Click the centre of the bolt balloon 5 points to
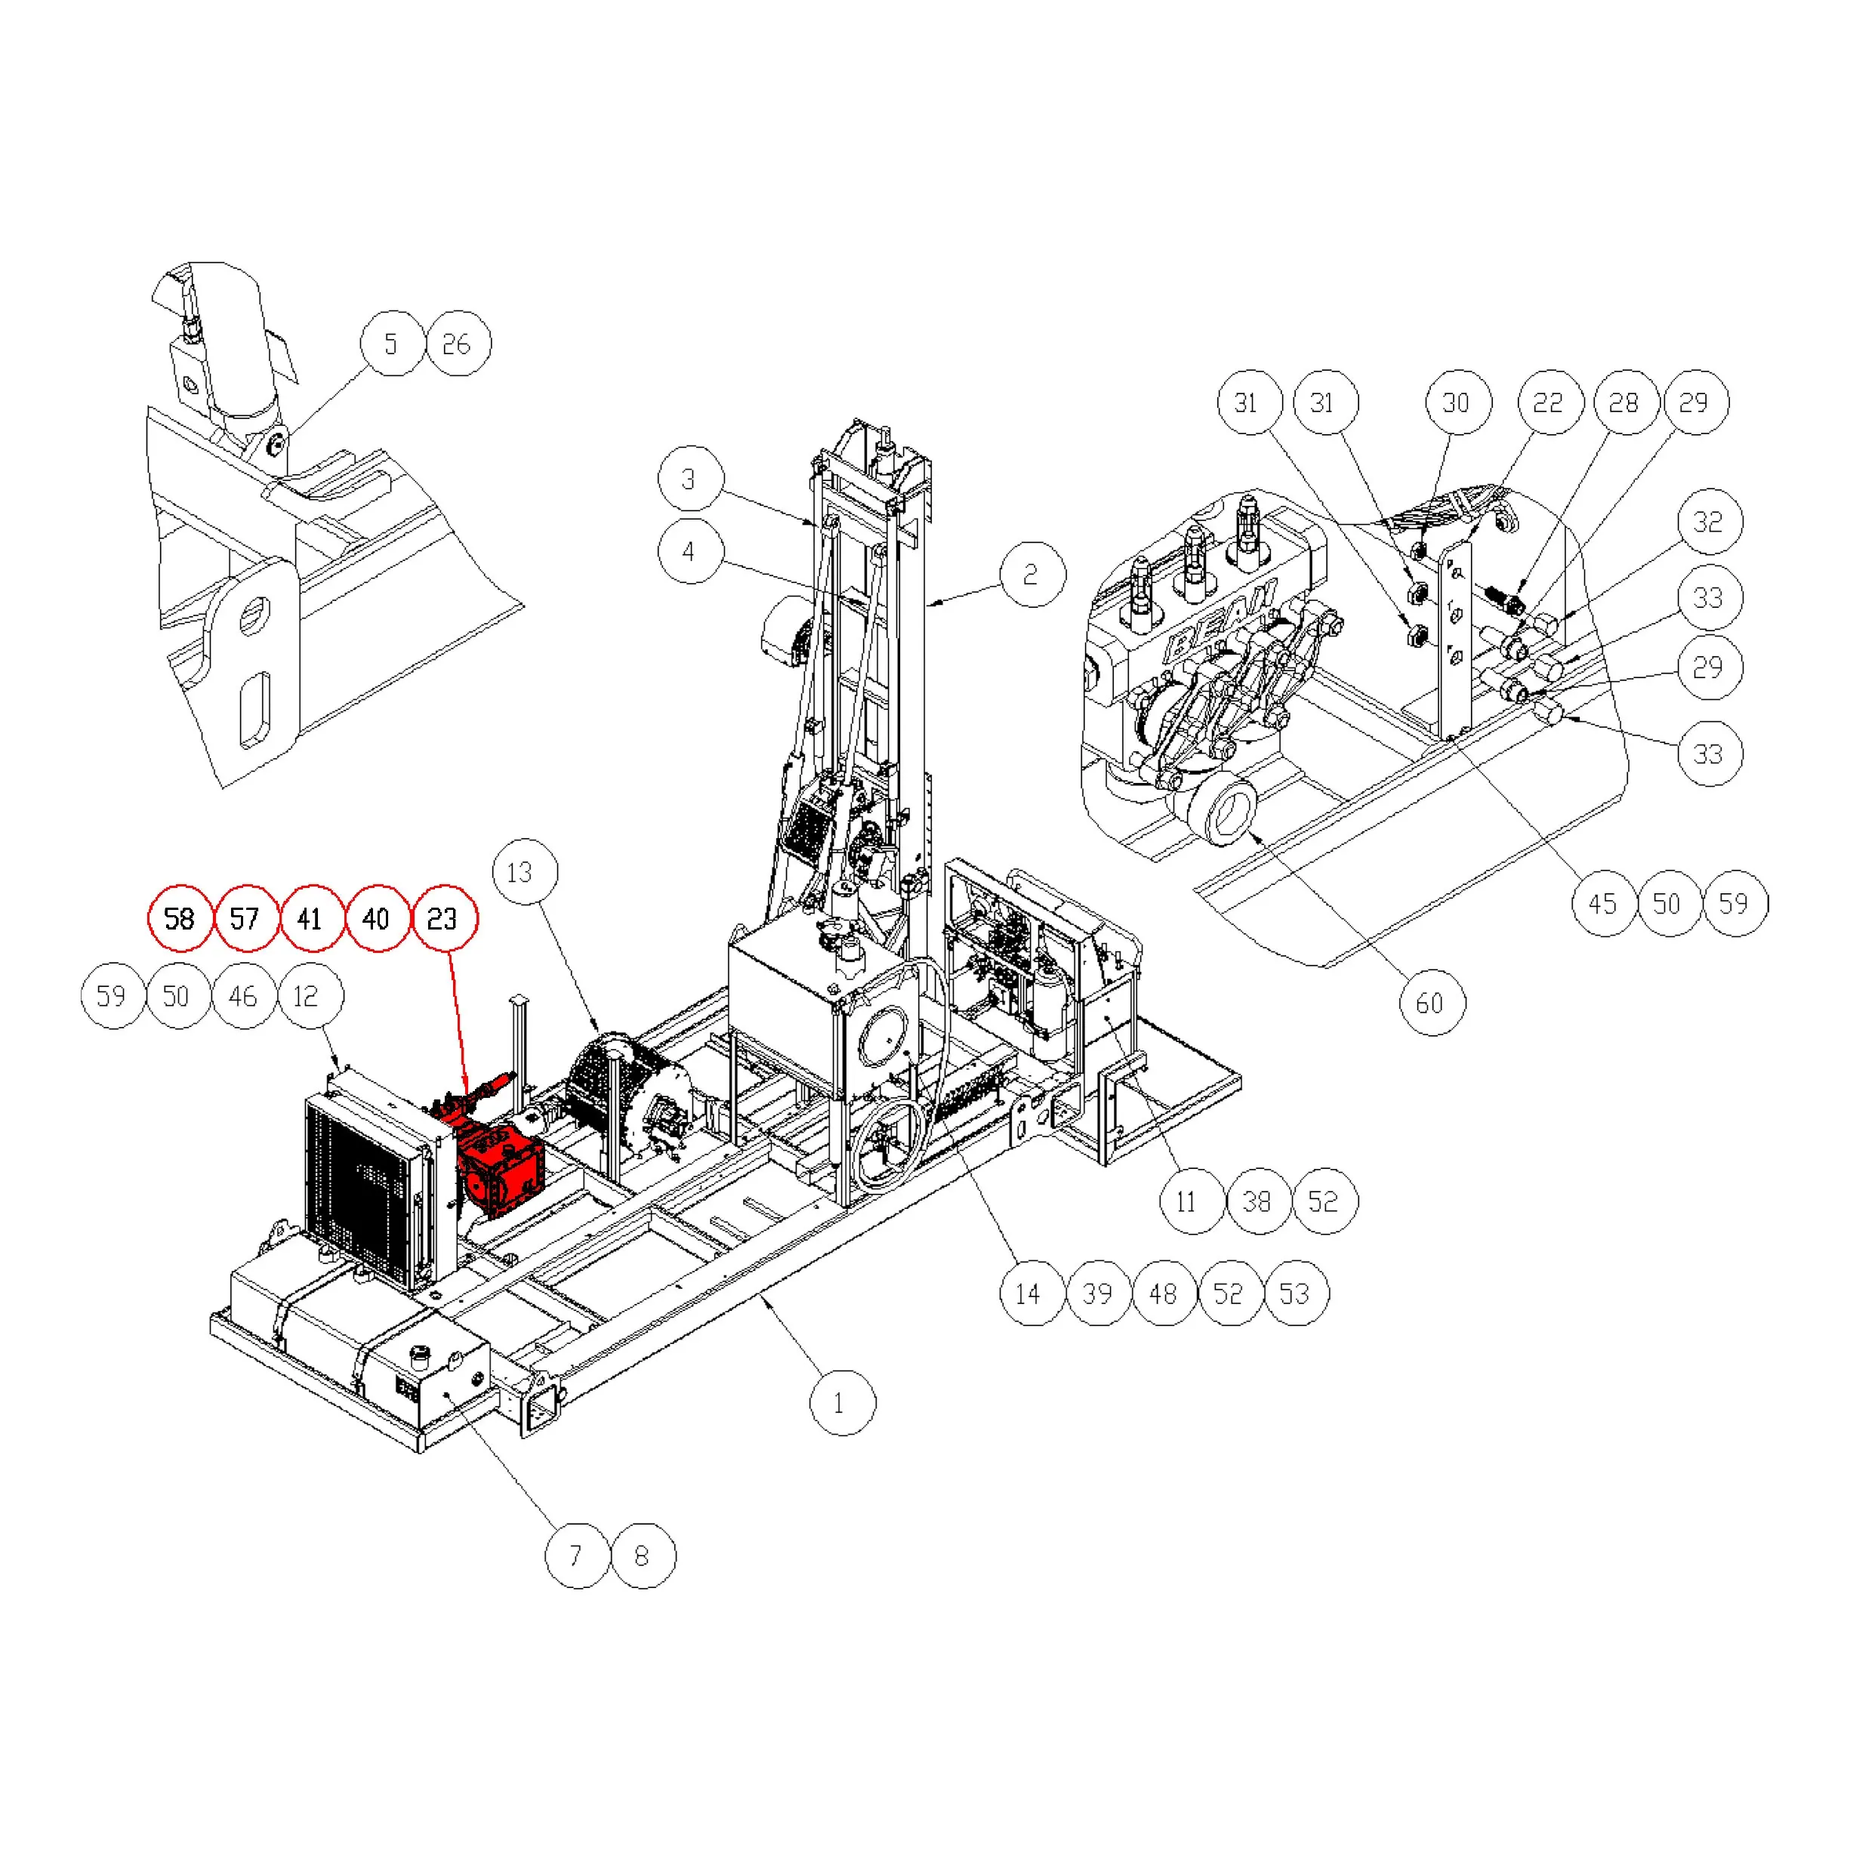(x=276, y=442)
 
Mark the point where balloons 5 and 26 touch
(x=424, y=343)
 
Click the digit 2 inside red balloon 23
(x=433, y=918)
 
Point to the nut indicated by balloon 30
(x=1421, y=550)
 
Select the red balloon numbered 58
(x=179, y=918)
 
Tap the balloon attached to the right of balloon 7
(x=643, y=1556)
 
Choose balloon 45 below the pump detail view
(x=1603, y=903)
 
